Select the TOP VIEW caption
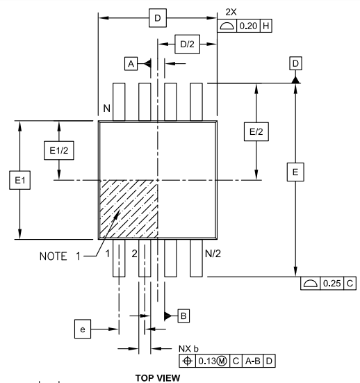[x=180, y=376]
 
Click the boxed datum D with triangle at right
[x=295, y=64]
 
